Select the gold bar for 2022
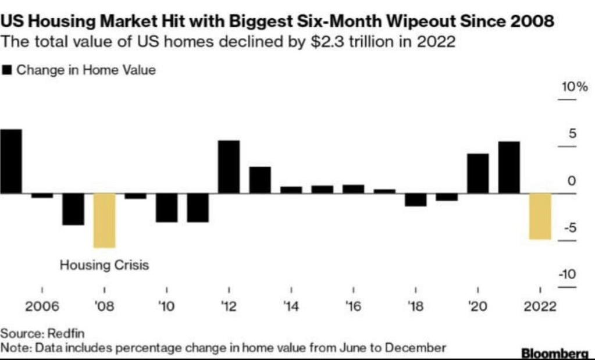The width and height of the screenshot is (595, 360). [540, 216]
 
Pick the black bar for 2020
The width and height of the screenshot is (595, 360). [478, 173]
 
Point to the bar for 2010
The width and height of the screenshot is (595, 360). [166, 207]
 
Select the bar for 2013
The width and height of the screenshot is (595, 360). [260, 180]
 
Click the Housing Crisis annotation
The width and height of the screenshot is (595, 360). [105, 266]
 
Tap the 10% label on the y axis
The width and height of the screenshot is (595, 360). [575, 88]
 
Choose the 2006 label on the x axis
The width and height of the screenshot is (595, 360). [42, 307]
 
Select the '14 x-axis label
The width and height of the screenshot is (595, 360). [291, 307]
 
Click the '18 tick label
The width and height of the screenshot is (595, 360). [415, 307]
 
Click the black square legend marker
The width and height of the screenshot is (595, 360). [8, 70]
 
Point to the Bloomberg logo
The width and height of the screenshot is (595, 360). [555, 353]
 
